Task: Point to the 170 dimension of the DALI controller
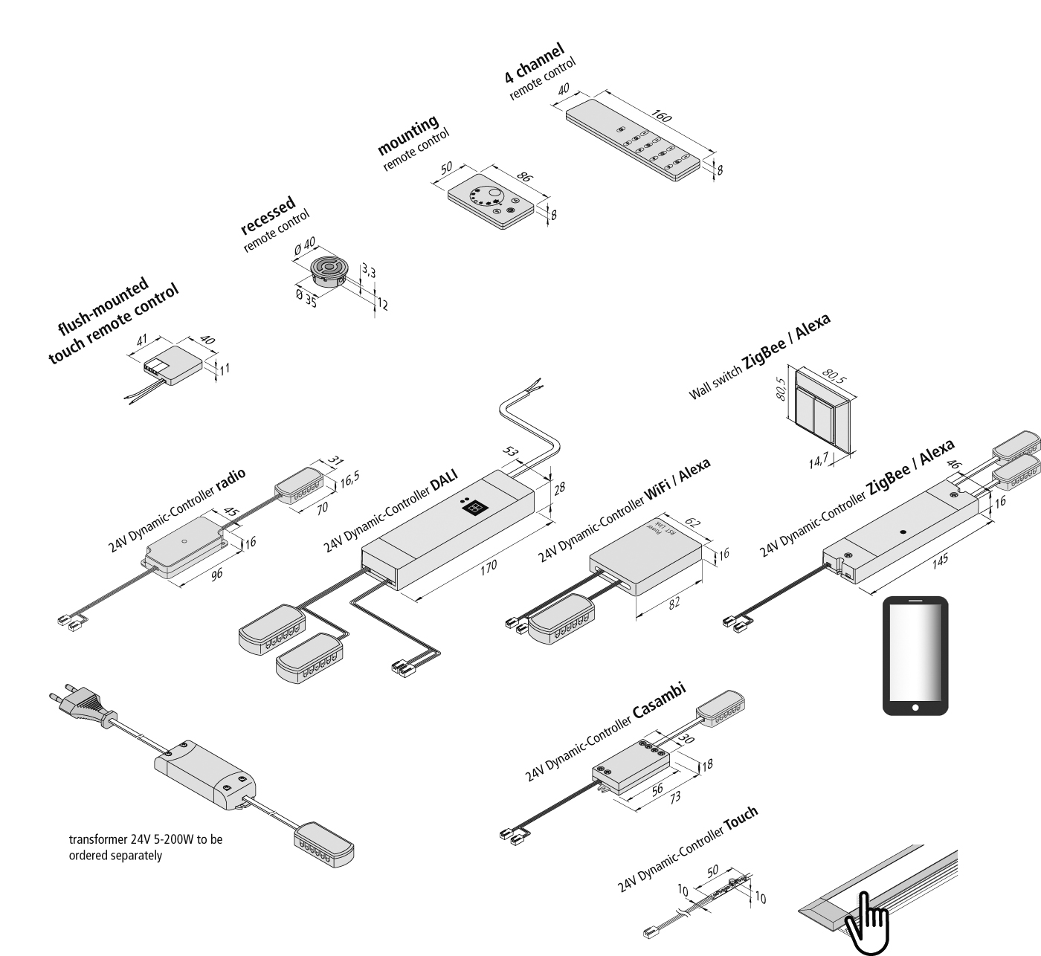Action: tap(488, 569)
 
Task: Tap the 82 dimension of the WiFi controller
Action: tap(674, 604)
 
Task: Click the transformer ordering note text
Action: tap(146, 847)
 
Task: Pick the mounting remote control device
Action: tap(491, 199)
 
